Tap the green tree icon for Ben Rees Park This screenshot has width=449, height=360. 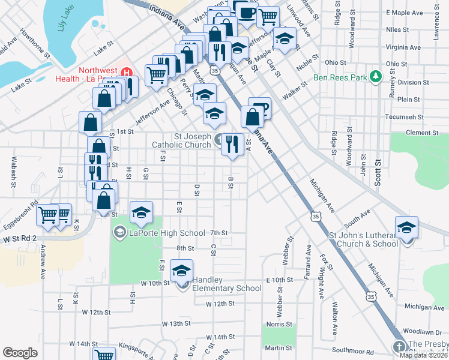(376, 77)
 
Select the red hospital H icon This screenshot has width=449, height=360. (127, 73)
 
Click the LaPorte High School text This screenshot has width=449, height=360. (167, 233)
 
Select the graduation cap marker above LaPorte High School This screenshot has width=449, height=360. (141, 213)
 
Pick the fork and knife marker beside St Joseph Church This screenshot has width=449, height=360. (232, 145)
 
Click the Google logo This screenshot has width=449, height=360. (20, 353)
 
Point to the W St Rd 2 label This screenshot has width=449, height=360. (19, 239)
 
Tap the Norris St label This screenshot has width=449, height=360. (279, 325)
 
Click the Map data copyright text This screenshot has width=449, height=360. (423, 355)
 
